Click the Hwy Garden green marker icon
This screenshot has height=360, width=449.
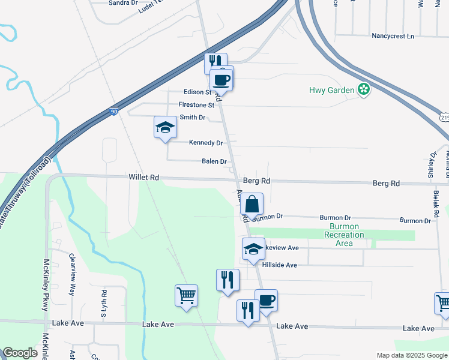click(363, 90)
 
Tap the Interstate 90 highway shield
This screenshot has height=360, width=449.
click(115, 112)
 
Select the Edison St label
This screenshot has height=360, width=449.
click(198, 92)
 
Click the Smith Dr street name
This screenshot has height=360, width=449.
click(192, 118)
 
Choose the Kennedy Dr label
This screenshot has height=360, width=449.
click(206, 143)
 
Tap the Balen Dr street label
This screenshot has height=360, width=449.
click(214, 161)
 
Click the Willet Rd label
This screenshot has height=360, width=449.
click(143, 178)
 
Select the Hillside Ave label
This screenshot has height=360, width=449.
click(279, 265)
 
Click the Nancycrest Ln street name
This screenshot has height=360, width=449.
click(393, 36)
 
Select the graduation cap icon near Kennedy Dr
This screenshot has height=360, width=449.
click(165, 127)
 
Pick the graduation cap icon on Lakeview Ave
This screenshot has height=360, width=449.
click(253, 249)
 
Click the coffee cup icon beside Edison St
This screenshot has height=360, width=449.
click(221, 79)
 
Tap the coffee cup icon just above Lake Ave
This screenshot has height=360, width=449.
click(266, 300)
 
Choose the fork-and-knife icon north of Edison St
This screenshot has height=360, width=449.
click(214, 63)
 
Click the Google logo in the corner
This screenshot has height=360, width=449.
click(20, 353)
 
